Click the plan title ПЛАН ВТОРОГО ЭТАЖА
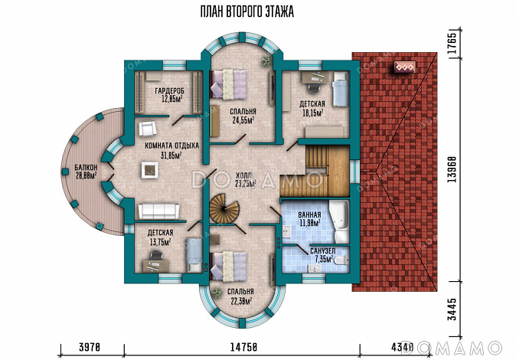point(247,11)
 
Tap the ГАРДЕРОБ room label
point(169,90)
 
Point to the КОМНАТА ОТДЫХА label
point(172,146)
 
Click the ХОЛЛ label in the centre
point(243,175)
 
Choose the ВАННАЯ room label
point(309,215)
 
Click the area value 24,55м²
point(243,120)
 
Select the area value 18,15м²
point(312,113)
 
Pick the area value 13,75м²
point(160,241)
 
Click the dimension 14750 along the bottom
point(243,347)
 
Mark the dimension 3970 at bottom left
point(89,347)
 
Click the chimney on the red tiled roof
point(405,67)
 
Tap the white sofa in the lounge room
point(158,211)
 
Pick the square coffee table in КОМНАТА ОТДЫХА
point(150,169)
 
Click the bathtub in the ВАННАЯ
point(339,220)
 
